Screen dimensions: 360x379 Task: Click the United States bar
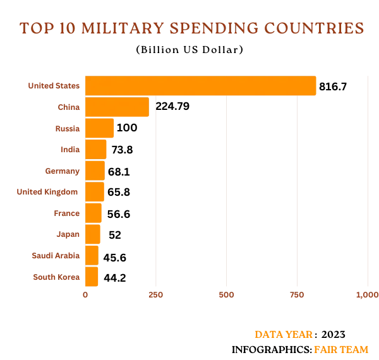tap(200, 86)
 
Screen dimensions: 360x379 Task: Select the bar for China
tap(117, 107)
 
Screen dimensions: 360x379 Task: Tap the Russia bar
tap(99, 128)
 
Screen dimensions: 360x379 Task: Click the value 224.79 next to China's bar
tap(172, 106)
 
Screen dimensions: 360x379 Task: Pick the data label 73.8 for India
tap(121, 150)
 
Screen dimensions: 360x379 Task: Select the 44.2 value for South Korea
tap(115, 277)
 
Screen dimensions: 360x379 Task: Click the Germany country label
tap(63, 171)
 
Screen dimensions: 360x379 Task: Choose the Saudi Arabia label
tap(56, 256)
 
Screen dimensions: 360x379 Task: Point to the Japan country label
tap(68, 234)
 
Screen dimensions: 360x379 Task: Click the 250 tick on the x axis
tap(155, 294)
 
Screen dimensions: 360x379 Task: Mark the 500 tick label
tap(226, 294)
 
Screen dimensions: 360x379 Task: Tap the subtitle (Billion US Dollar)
tap(189, 50)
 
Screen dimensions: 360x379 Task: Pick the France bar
tap(93, 213)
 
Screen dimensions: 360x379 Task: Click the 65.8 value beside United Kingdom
tap(119, 192)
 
